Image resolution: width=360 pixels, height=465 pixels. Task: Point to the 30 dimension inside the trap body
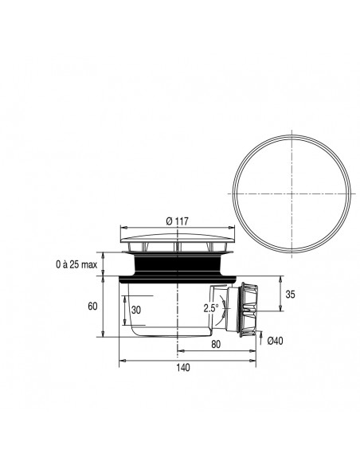[x=137, y=310]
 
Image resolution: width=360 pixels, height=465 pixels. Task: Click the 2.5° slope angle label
[x=211, y=307]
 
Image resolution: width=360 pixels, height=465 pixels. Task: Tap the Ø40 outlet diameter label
[x=276, y=341]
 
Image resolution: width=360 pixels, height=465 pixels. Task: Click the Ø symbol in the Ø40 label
[x=270, y=341]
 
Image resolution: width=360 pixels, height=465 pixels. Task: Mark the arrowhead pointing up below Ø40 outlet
[x=262, y=334]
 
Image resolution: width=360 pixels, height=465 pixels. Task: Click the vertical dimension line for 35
[x=282, y=294]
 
